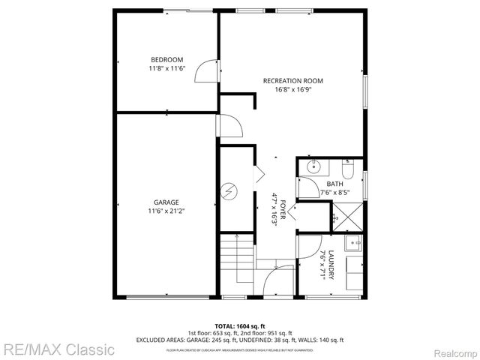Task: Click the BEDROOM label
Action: pyautogui.click(x=166, y=60)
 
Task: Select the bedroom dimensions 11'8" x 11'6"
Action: pyautogui.click(x=166, y=69)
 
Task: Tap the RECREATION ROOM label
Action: pyautogui.click(x=292, y=81)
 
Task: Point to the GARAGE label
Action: pyautogui.click(x=166, y=202)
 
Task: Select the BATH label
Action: pyautogui.click(x=334, y=184)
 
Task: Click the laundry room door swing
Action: pyautogui.click(x=307, y=245)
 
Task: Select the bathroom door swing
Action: pyautogui.click(x=307, y=187)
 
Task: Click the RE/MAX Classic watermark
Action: pyautogui.click(x=58, y=349)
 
